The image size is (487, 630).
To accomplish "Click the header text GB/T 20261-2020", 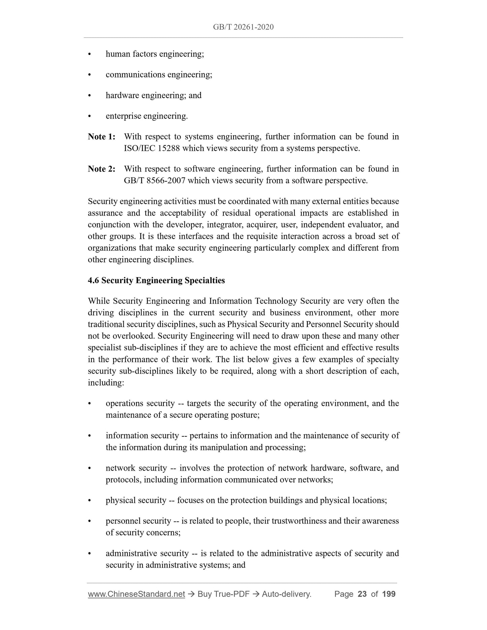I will pos(243,27).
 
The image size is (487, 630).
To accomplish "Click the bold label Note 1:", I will pos(101,137).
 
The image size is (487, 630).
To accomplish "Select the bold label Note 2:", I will pos(101,169).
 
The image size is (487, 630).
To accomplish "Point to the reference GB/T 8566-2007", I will pos(154,181).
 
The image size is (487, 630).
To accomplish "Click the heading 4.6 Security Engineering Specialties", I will pos(156,280).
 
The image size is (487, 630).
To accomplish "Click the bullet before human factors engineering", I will pos(90,54).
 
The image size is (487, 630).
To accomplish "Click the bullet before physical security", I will pos(90,501).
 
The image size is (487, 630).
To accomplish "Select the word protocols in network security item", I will pos(123,480).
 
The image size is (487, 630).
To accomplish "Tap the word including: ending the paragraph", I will pos(106,383).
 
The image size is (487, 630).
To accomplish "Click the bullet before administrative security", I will pos(90,554).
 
